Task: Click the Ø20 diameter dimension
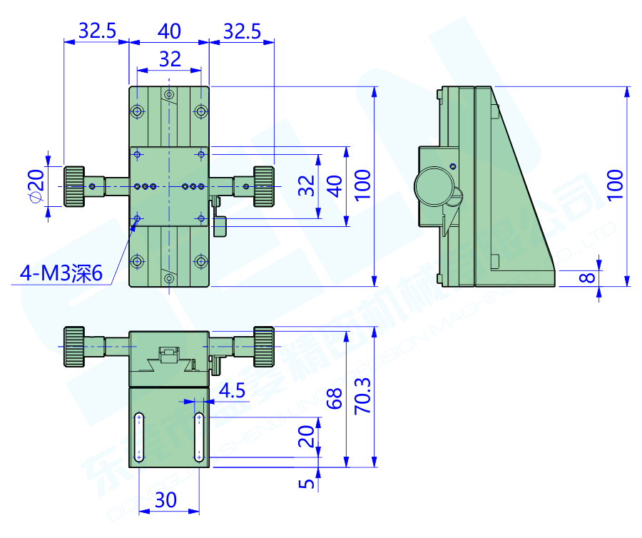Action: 36,187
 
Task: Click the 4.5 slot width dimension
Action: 232,390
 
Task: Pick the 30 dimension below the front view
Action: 165,500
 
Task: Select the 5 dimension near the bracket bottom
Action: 307,483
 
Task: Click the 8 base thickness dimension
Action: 586,275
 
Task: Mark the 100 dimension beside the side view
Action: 616,184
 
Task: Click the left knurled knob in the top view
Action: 74,186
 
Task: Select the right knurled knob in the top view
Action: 262,186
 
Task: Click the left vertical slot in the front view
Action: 140,436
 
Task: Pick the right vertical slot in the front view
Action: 199,436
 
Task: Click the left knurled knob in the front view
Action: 74,345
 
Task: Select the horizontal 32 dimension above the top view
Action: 170,59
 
